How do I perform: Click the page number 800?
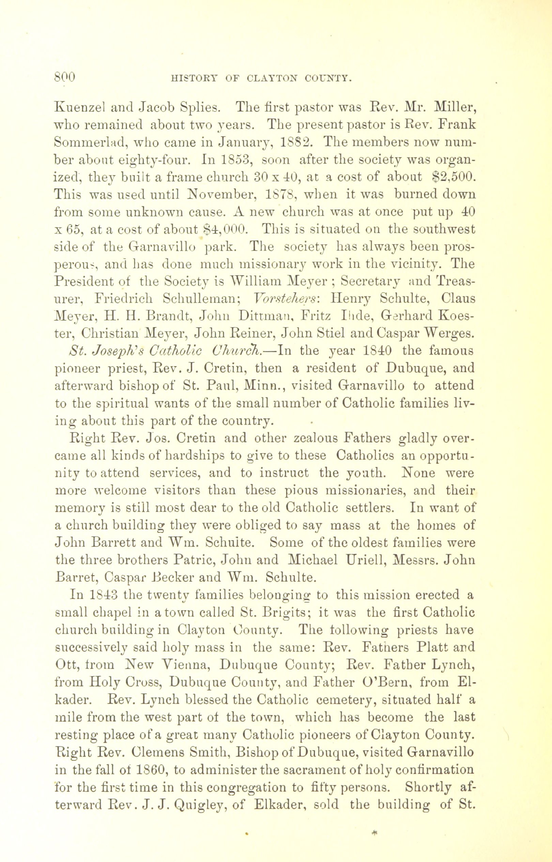(x=64, y=76)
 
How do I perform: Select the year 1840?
(x=373, y=350)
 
